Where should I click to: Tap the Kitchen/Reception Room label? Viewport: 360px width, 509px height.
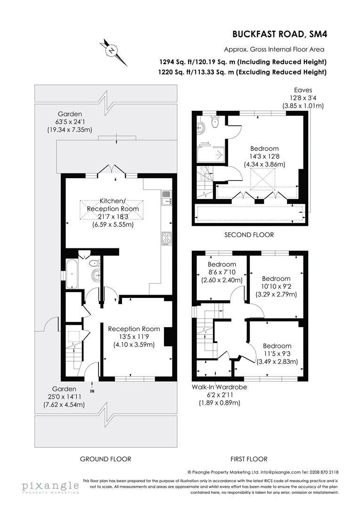[x=113, y=205]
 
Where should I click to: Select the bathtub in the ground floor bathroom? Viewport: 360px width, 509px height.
[x=72, y=273]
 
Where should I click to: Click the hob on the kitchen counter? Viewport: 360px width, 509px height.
[x=166, y=238]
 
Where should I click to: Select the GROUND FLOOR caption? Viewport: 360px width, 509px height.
[x=106, y=459]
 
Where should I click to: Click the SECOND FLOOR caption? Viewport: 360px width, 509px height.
[x=249, y=234]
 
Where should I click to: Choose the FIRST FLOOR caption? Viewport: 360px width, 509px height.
[x=249, y=459]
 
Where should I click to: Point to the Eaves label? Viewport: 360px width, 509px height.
[x=303, y=90]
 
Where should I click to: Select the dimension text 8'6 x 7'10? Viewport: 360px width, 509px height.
[x=222, y=272]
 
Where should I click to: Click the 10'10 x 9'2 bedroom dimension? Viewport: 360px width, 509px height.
[x=277, y=286]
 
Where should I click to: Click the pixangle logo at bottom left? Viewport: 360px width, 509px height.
[x=50, y=486]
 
